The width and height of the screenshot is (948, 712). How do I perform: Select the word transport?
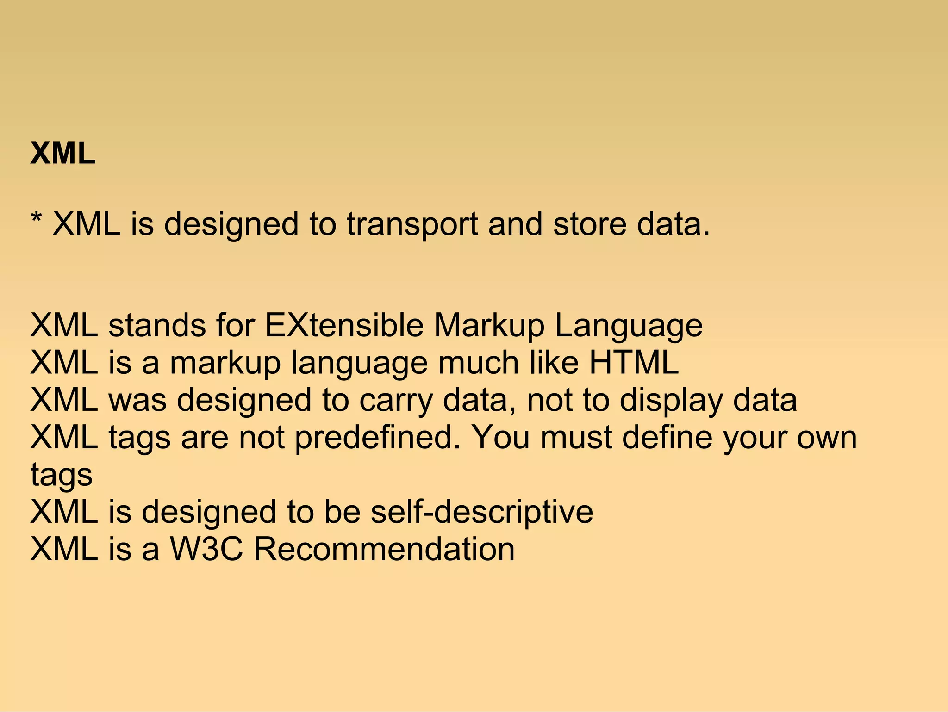(x=412, y=225)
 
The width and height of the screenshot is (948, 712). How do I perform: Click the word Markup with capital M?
(x=489, y=326)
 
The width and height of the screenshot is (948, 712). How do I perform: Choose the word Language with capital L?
(x=629, y=327)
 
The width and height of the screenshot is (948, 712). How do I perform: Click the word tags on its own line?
(x=62, y=476)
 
